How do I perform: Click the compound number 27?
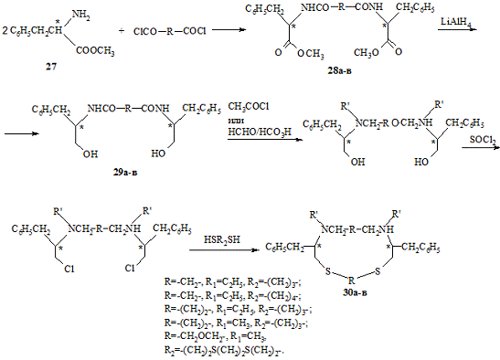(x=51, y=67)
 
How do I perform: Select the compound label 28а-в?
(x=339, y=70)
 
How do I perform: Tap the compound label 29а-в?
(x=125, y=173)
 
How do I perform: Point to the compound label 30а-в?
(x=355, y=292)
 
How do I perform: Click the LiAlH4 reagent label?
(x=456, y=22)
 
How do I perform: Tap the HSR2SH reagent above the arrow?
(x=222, y=239)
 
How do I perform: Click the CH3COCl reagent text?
(x=248, y=107)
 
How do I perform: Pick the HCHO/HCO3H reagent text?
(x=260, y=132)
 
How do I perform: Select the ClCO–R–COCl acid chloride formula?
(x=170, y=31)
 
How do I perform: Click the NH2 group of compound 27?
(x=80, y=15)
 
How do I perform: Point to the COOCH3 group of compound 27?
(x=95, y=51)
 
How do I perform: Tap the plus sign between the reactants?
(x=122, y=31)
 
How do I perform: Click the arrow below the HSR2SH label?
(x=223, y=250)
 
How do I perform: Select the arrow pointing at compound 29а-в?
(x=22, y=133)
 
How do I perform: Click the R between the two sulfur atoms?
(x=351, y=281)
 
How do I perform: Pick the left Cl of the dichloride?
(x=69, y=270)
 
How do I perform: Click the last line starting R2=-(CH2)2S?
(x=224, y=351)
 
